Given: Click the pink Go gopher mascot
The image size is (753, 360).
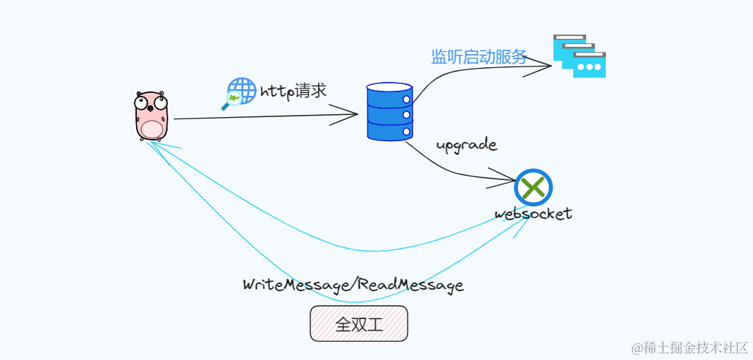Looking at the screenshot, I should click(x=151, y=115).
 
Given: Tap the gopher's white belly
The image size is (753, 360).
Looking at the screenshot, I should click(x=151, y=129).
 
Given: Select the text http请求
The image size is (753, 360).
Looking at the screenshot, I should click(x=293, y=92).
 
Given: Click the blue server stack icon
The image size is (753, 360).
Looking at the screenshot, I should click(x=389, y=111).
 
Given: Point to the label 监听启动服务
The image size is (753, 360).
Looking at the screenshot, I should click(x=479, y=57).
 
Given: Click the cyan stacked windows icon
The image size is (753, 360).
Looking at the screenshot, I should click(x=580, y=56).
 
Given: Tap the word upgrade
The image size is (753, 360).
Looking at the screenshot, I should click(x=466, y=145).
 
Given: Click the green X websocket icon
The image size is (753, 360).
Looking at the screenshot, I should click(x=533, y=187).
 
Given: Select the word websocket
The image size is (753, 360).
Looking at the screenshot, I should click(x=533, y=214).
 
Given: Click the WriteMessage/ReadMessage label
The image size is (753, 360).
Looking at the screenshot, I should click(x=353, y=285).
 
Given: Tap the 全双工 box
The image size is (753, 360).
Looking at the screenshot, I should click(x=359, y=323).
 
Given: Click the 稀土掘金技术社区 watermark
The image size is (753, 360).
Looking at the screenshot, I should click(x=689, y=346).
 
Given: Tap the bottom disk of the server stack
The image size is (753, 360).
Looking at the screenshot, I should click(x=389, y=130).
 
